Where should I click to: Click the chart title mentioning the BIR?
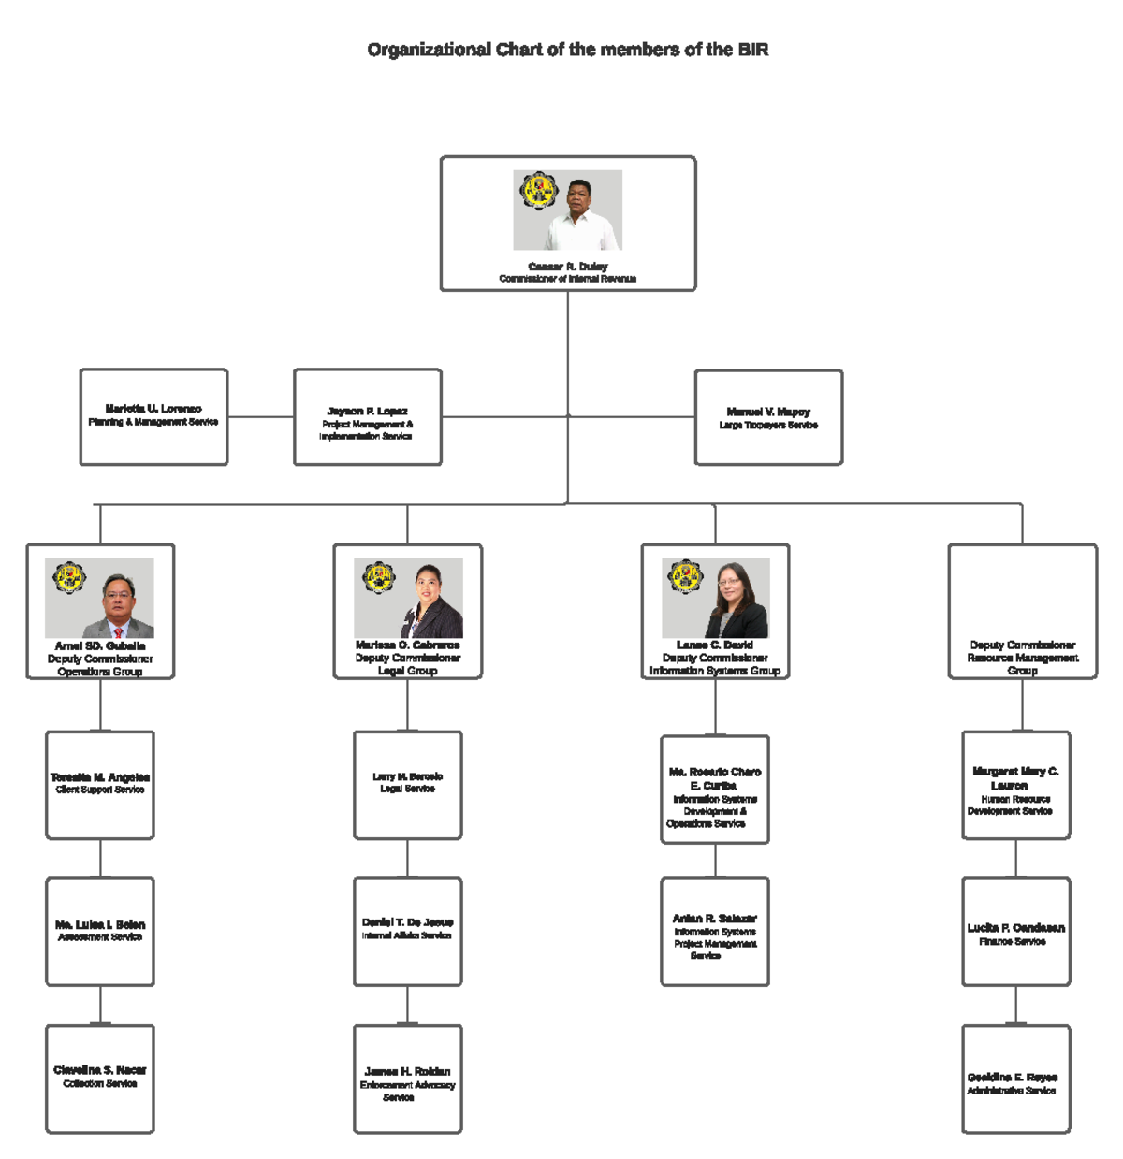click(x=567, y=50)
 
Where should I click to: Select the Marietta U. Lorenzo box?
click(x=153, y=416)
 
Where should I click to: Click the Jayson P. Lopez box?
click(x=368, y=417)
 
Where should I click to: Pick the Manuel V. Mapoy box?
click(x=768, y=417)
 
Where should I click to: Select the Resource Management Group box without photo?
click(x=1022, y=611)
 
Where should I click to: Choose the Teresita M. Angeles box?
click(x=100, y=785)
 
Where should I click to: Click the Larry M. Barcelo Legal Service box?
click(x=407, y=785)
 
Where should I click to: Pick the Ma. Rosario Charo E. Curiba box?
click(x=715, y=790)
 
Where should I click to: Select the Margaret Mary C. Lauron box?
click(x=1015, y=785)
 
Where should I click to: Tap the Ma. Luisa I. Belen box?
click(x=100, y=931)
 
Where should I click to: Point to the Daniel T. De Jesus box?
click(x=407, y=931)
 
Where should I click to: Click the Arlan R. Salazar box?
click(x=715, y=931)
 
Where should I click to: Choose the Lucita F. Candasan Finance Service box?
click(x=1015, y=931)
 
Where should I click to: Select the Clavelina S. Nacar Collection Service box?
click(x=100, y=1079)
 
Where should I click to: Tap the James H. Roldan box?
click(x=407, y=1079)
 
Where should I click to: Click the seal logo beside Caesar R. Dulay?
click(x=538, y=191)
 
